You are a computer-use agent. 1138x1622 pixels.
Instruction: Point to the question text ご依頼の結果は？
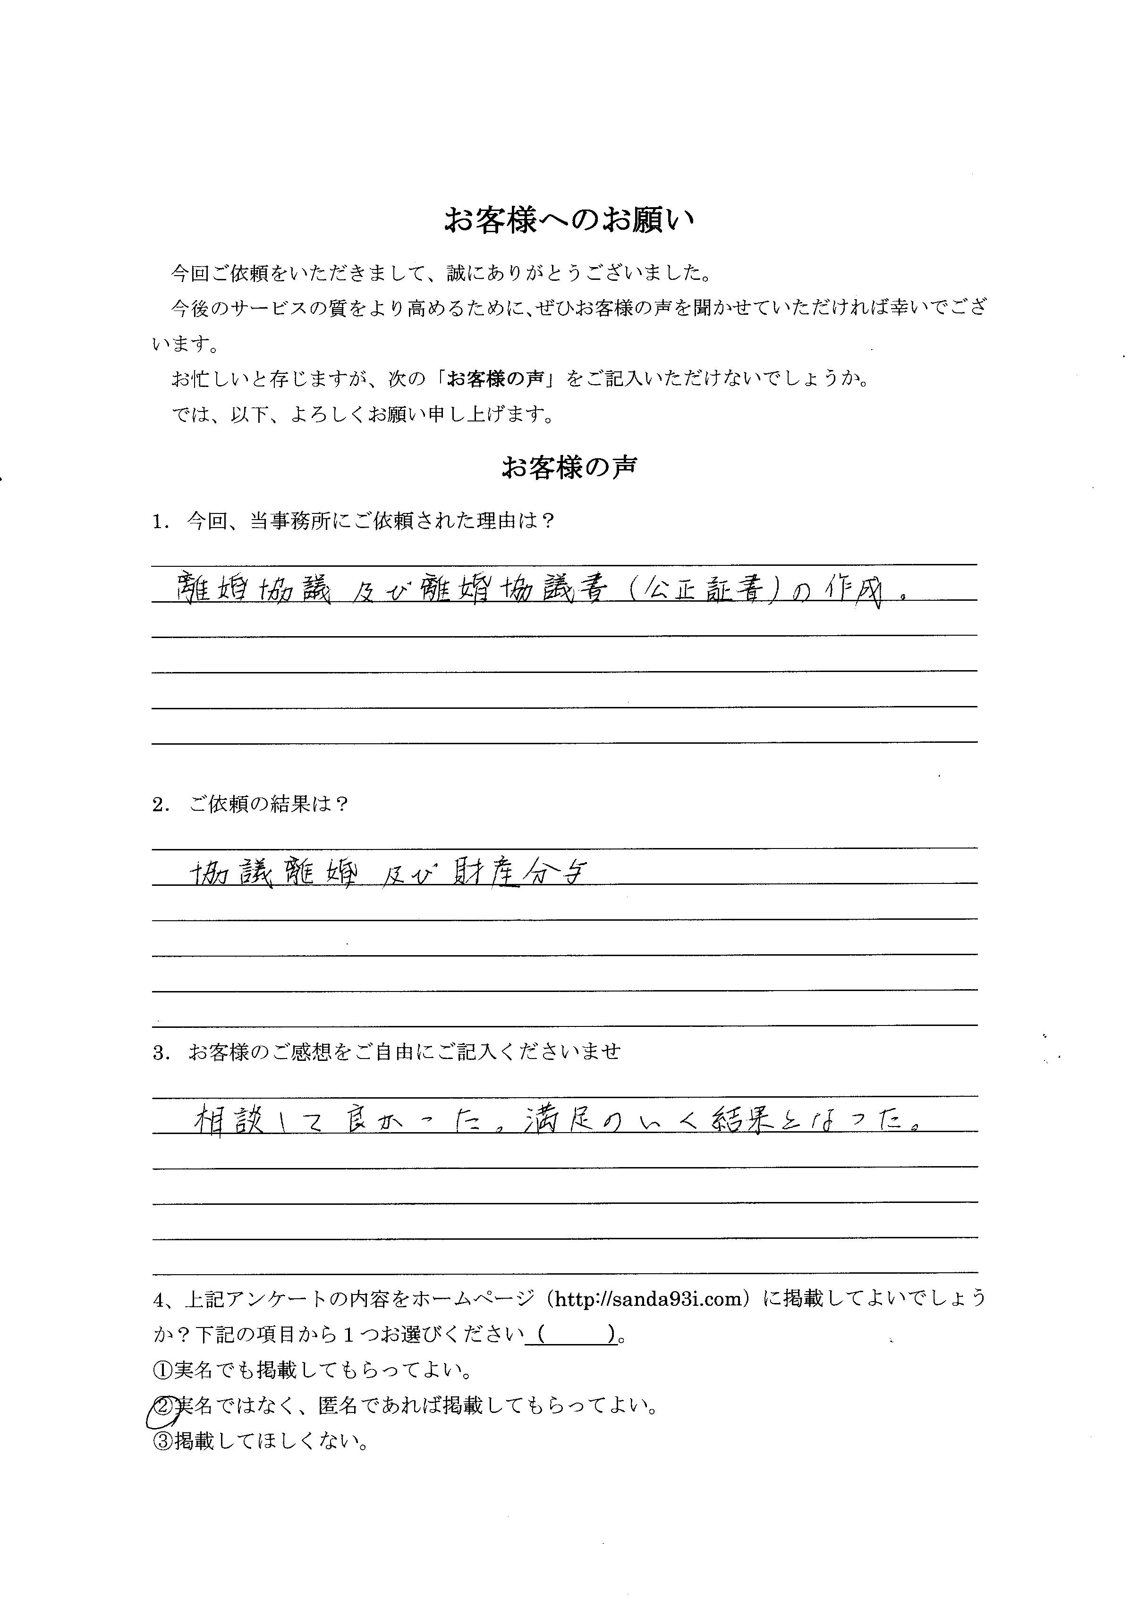tap(269, 804)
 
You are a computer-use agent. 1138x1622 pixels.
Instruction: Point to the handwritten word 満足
tap(553, 1120)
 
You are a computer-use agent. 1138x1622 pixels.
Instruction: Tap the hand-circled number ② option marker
tap(162, 1406)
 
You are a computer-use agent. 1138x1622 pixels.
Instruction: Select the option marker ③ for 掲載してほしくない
tap(162, 1440)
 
